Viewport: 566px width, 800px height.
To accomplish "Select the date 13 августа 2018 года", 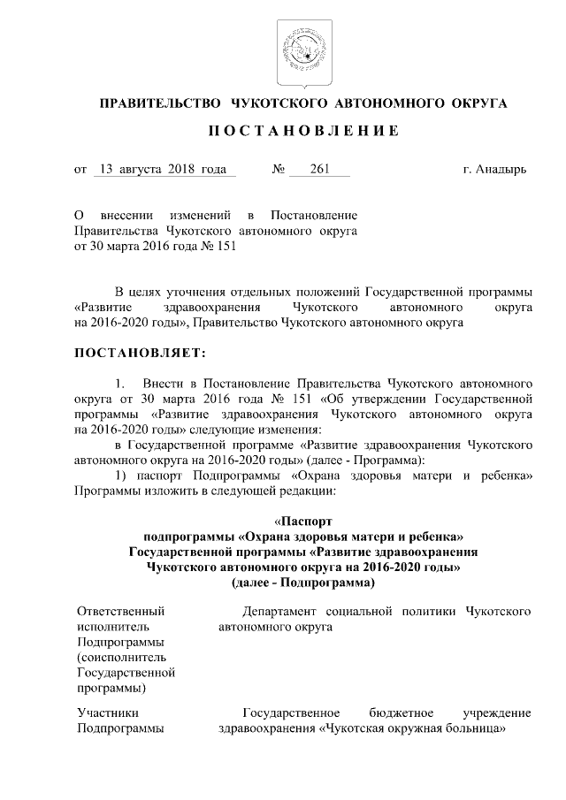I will pos(164,168).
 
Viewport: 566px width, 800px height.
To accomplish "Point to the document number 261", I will pos(320,168).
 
